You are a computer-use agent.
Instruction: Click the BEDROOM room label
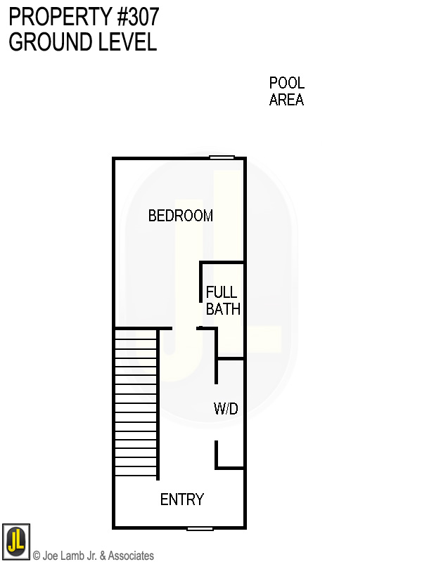[x=180, y=216]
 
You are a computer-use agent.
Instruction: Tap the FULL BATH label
[x=223, y=301]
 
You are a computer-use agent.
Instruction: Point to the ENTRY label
[x=182, y=499]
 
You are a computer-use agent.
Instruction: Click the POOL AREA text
[x=286, y=91]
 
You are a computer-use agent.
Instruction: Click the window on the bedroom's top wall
[x=222, y=158]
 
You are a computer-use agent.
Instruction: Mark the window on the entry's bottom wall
[x=200, y=528]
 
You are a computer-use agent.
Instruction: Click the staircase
[x=136, y=403]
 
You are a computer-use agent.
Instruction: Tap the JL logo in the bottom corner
[x=15, y=541]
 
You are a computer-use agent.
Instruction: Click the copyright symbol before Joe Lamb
[x=37, y=556]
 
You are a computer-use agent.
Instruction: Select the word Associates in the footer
[x=131, y=556]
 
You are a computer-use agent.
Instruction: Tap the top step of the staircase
[x=136, y=334]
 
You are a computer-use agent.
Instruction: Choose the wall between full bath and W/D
[x=230, y=359]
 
